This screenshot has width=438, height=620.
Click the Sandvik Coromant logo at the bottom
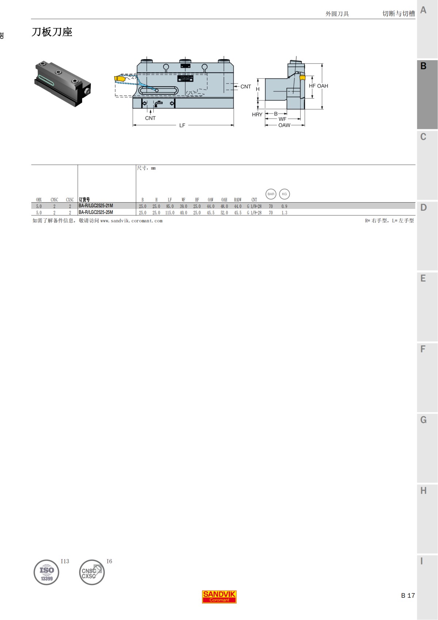pos(219,597)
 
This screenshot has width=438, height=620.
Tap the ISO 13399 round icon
pos(46,572)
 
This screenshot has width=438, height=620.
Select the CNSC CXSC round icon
pos(92,572)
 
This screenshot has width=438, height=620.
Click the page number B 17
pos(408,596)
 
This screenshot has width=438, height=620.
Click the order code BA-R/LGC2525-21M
pos(96,206)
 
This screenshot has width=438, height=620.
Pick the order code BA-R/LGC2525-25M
pos(96,213)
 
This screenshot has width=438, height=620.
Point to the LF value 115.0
pos(170,213)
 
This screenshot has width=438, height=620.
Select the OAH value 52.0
pos(224,213)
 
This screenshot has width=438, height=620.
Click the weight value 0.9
pos(284,206)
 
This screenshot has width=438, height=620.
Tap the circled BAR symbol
pos(271,194)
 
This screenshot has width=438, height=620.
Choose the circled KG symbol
pos(284,194)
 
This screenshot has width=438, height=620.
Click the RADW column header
pos(238,200)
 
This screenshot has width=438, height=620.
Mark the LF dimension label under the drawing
pos(182,125)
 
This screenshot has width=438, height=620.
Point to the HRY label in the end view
pos(257,115)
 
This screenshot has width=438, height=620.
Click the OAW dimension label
pos(284,125)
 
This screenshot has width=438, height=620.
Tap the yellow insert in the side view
pos(119,78)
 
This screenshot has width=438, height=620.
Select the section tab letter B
pos(423,66)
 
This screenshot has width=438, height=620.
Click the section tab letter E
pos(423,279)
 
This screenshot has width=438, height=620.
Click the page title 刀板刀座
pos(52,32)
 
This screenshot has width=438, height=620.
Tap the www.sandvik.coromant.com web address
pos(131,221)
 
